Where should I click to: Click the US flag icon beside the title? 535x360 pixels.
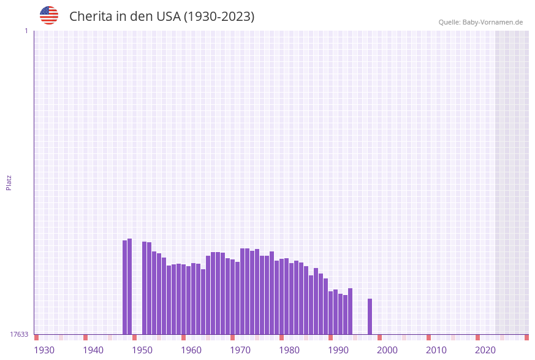(x=49, y=15)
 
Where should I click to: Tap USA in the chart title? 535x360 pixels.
(x=169, y=17)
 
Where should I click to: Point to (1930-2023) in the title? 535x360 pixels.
(x=219, y=17)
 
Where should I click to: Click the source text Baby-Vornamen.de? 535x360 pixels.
(x=493, y=22)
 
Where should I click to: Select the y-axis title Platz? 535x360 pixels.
(x=9, y=182)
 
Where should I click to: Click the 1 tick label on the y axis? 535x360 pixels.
(x=26, y=31)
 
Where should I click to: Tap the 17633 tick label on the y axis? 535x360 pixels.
(x=19, y=334)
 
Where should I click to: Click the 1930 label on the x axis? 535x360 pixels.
(x=44, y=350)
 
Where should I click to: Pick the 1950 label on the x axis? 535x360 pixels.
(x=142, y=350)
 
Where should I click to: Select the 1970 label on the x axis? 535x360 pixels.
(x=240, y=350)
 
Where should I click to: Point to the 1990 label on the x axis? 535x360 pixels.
(x=338, y=350)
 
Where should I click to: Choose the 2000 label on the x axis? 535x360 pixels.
(x=387, y=350)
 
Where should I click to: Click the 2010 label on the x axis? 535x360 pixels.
(x=436, y=350)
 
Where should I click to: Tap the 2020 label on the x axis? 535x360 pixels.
(x=485, y=350)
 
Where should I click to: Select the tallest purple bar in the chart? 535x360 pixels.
(x=130, y=286)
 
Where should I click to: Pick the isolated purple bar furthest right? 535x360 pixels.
(x=370, y=316)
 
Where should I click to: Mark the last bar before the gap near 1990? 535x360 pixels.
(x=351, y=311)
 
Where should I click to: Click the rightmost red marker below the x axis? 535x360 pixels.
(x=526, y=337)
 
